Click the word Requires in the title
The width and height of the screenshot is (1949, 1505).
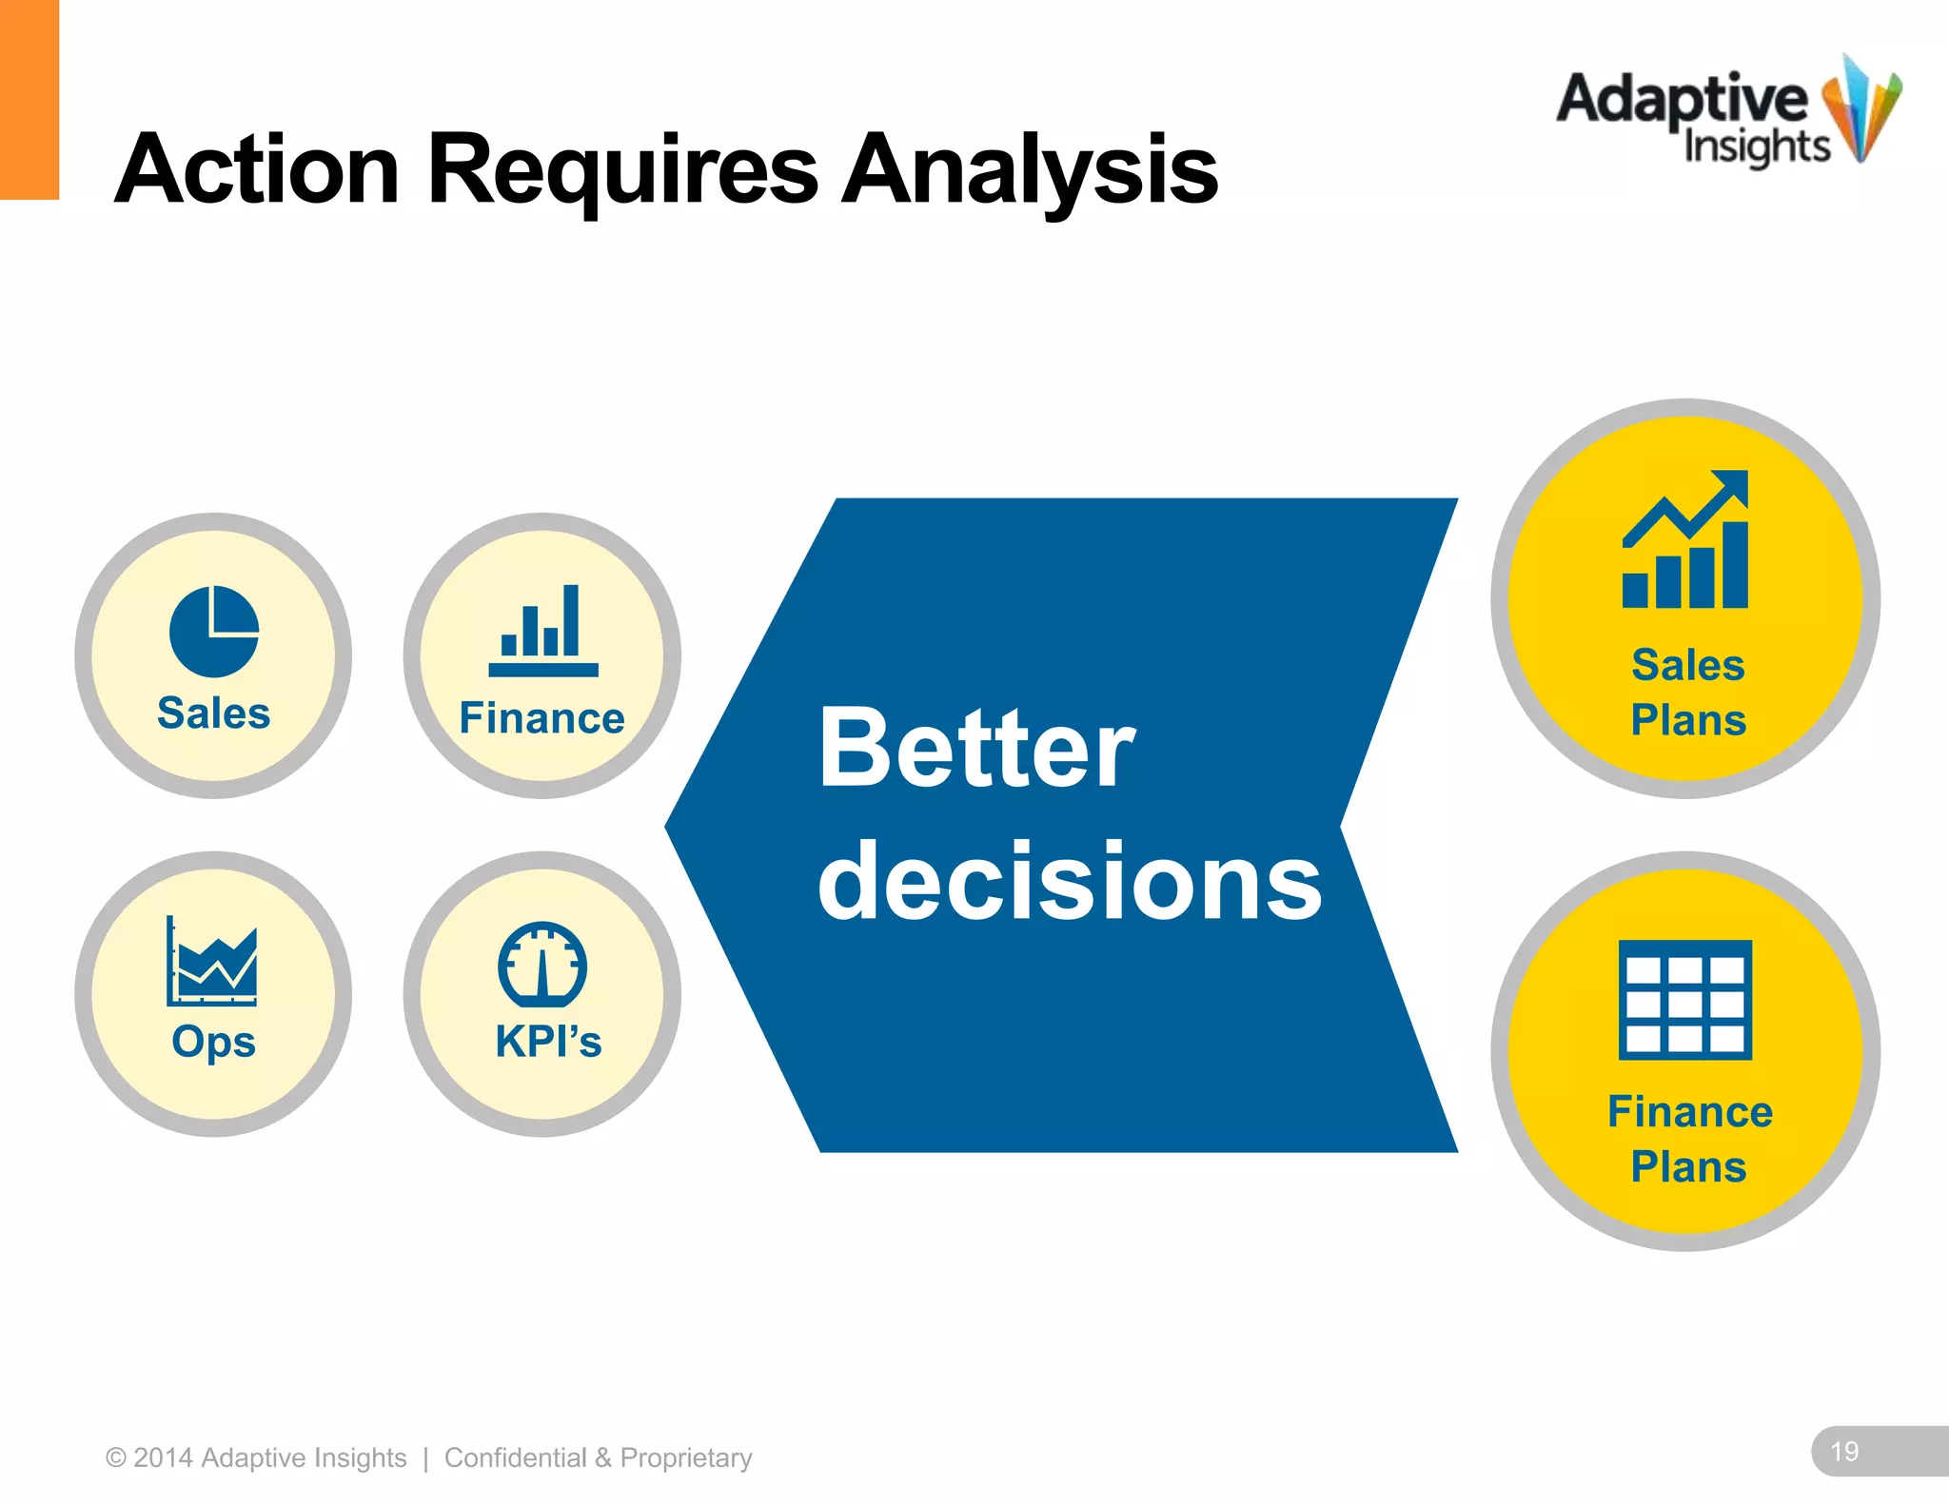pos(622,171)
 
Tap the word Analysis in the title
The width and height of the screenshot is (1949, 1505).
pos(1029,171)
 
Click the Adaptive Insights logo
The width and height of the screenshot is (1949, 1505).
pos(1727,114)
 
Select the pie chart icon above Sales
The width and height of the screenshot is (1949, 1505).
pos(214,632)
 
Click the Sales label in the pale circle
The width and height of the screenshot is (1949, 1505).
pos(214,713)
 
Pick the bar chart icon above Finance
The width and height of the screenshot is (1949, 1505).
pos(542,632)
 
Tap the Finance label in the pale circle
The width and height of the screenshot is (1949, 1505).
pos(542,718)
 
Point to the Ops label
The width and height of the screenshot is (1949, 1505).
pos(214,1042)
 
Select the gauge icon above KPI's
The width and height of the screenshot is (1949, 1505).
pos(542,965)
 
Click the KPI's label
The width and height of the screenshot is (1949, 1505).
pos(548,1042)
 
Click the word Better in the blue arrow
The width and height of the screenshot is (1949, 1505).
pos(976,749)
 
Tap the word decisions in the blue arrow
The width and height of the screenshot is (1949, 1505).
pos(1070,882)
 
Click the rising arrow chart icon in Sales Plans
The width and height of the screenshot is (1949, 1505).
pos(1685,539)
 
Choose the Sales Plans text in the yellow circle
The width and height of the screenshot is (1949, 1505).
pos(1688,693)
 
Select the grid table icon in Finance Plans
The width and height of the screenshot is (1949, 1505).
pos(1685,1000)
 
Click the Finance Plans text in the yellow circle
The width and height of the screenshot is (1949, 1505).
pos(1689,1139)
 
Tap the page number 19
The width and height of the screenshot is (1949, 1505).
pos(1844,1452)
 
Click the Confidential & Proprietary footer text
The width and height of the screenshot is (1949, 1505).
pos(598,1457)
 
